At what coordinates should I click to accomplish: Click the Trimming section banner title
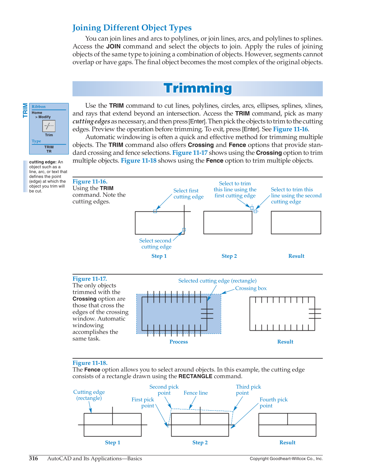(x=197, y=88)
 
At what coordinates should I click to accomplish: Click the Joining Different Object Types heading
(x=132, y=28)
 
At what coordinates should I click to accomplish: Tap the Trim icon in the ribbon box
(x=49, y=126)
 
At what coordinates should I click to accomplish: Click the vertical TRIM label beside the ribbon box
(x=25, y=110)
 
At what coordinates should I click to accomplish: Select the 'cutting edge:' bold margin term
(x=43, y=162)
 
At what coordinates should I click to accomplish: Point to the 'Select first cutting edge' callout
(x=188, y=193)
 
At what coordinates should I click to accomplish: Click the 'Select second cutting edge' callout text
(x=156, y=244)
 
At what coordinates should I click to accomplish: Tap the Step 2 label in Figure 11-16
(x=229, y=256)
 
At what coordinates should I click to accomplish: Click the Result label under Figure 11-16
(x=296, y=256)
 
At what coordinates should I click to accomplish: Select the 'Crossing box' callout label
(x=251, y=288)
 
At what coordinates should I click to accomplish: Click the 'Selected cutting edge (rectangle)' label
(x=217, y=281)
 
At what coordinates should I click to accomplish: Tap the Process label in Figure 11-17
(x=179, y=342)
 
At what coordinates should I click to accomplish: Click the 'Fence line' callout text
(x=196, y=393)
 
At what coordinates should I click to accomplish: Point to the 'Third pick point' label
(x=248, y=390)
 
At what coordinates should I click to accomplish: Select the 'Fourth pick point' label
(x=273, y=402)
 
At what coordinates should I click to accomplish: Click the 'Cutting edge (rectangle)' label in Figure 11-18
(x=89, y=395)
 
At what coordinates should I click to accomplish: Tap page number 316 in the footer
(x=33, y=458)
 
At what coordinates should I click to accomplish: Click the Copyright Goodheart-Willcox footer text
(x=286, y=459)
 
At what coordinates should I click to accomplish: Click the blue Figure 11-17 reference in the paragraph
(x=190, y=153)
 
